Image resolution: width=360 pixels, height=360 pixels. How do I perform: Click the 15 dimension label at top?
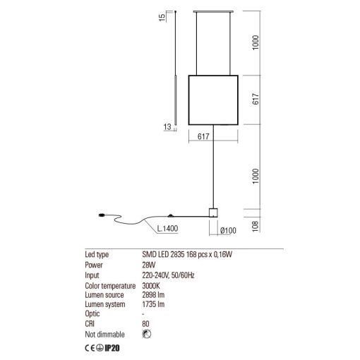tap(162, 18)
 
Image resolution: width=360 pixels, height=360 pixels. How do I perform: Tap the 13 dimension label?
tap(167, 127)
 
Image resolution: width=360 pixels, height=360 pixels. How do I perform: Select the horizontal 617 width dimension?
tap(203, 136)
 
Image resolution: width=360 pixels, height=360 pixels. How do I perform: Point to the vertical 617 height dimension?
tap(256, 99)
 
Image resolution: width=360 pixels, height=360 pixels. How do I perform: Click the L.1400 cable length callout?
tap(167, 229)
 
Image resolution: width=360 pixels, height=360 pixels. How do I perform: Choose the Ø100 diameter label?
tap(228, 231)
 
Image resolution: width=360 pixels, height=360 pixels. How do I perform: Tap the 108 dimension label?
tap(256, 227)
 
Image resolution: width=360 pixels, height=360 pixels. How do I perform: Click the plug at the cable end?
tap(102, 215)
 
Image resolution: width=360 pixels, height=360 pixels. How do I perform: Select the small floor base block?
tap(213, 212)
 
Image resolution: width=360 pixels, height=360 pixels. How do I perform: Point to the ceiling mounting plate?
tap(213, 11)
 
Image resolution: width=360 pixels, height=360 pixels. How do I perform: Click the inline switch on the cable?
tap(171, 215)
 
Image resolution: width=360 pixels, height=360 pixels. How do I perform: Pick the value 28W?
tap(149, 265)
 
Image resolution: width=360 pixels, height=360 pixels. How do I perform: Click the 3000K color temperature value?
tap(151, 286)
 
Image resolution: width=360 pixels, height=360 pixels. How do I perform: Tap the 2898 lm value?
tap(153, 295)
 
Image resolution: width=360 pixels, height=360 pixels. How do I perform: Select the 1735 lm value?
tap(153, 304)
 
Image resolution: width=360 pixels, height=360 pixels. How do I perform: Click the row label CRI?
tap(90, 324)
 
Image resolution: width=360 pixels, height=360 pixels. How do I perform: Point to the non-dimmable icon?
tap(147, 334)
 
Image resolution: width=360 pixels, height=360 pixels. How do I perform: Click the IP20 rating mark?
tap(112, 348)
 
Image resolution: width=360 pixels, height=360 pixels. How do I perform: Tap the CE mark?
tap(90, 348)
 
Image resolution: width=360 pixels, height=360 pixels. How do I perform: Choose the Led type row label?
tap(97, 255)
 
